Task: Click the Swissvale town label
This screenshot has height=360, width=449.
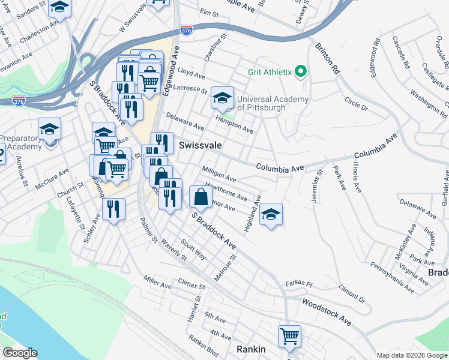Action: tap(200, 146)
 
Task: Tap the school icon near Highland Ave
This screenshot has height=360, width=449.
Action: tap(271, 214)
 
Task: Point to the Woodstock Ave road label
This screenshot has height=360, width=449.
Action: tap(327, 312)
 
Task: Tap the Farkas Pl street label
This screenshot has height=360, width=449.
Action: tap(300, 283)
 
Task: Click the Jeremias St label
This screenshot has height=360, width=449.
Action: tap(316, 184)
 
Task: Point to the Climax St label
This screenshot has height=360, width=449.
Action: tap(191, 284)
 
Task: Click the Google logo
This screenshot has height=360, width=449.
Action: tap(20, 353)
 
